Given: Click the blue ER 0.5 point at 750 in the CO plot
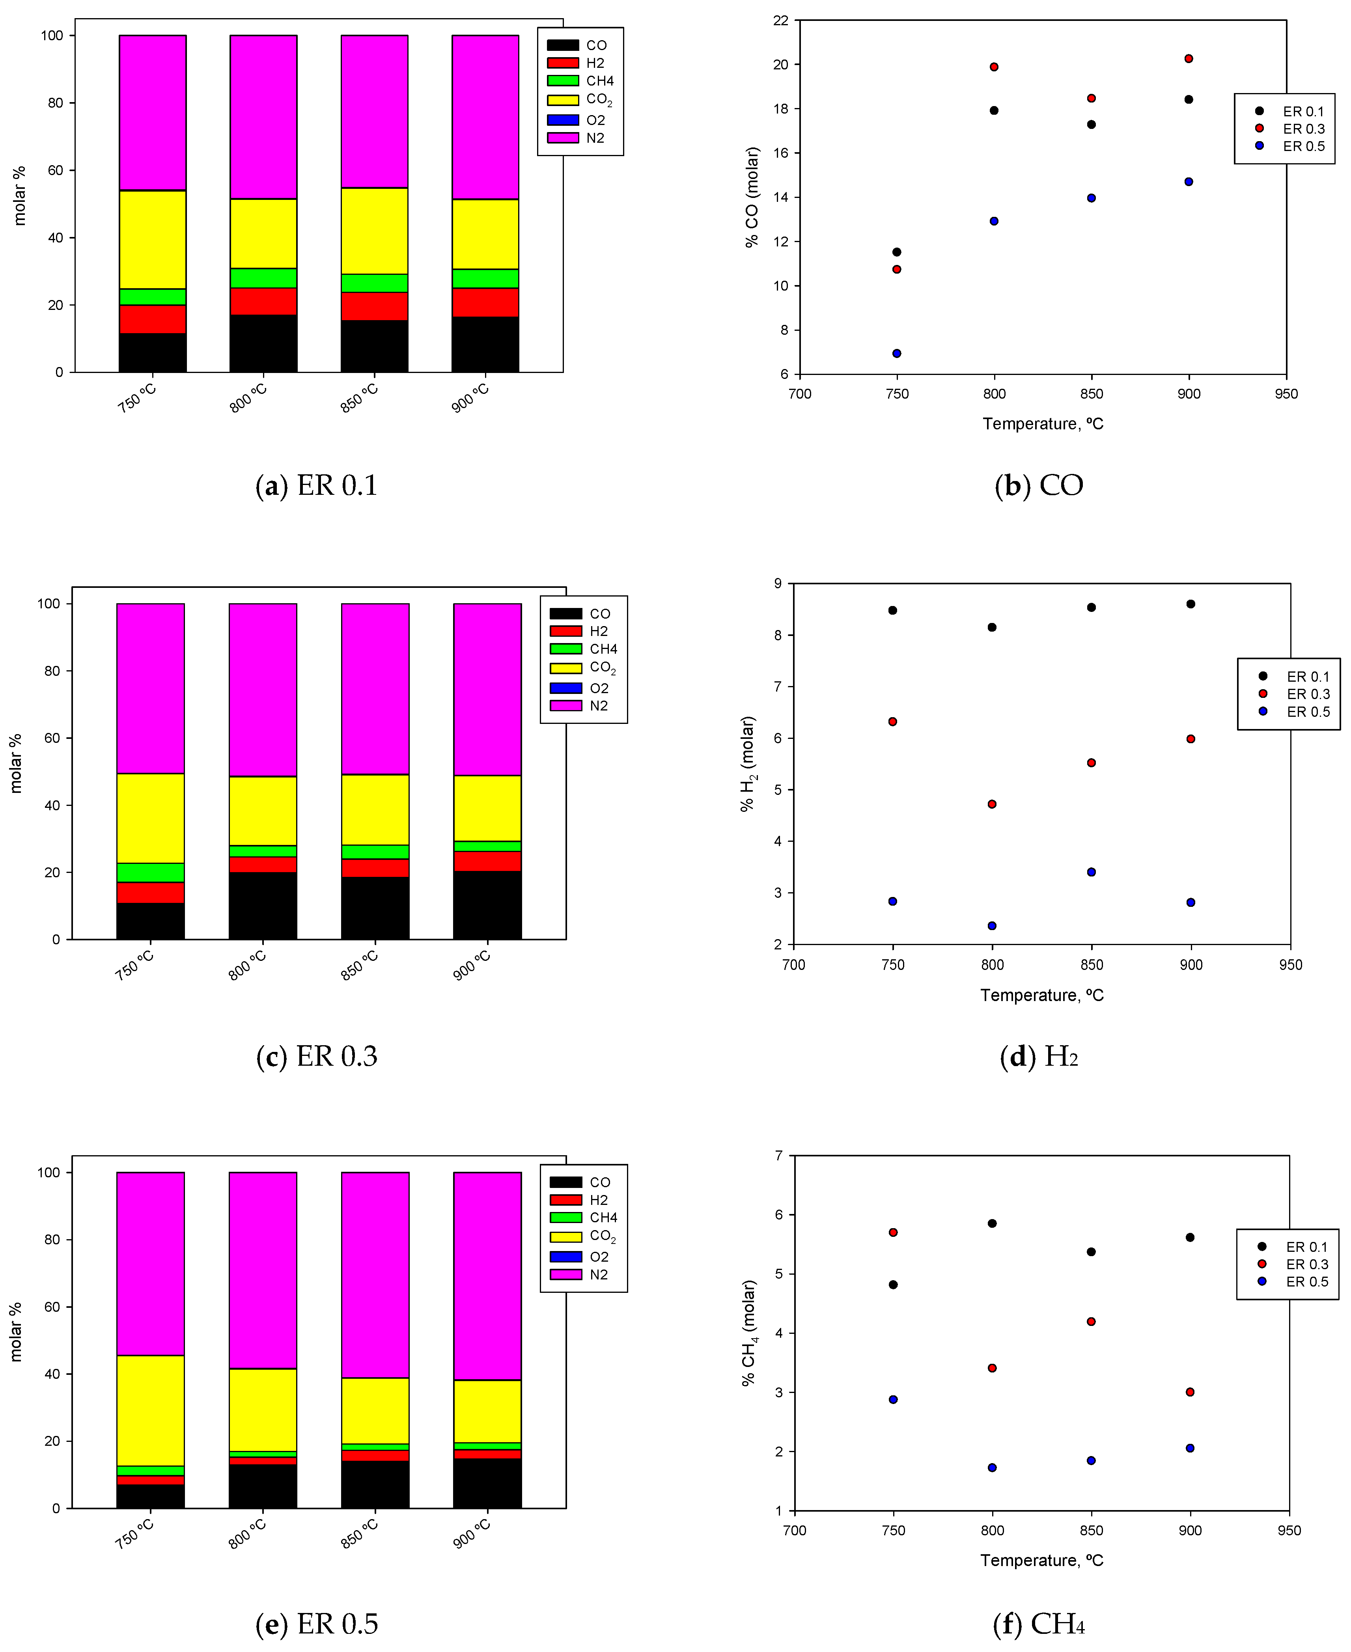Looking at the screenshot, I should point(896,353).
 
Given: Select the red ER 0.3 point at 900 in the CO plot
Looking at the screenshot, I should point(1189,58).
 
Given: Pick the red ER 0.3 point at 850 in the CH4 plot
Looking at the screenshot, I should point(1091,1321).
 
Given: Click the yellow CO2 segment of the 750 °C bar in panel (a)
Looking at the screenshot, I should point(153,240).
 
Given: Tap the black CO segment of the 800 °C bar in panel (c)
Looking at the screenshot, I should point(263,906).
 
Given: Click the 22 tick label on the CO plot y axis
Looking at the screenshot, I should point(780,20).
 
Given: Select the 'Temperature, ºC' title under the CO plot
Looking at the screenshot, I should point(1043,424).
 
